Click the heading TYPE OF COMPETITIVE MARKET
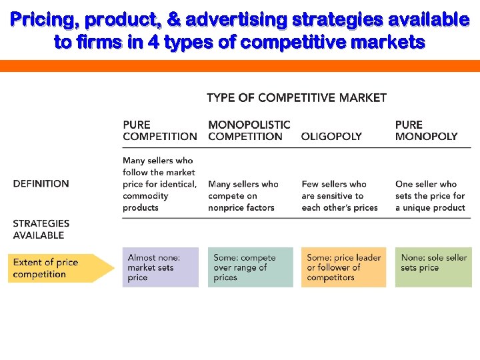[x=297, y=98]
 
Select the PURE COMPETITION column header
[x=159, y=130]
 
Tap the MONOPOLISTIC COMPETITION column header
[x=249, y=130]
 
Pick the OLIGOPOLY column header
[x=331, y=136]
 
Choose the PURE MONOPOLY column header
[x=426, y=130]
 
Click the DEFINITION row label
[x=41, y=183]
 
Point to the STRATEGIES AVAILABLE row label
[x=41, y=229]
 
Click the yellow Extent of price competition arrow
[x=60, y=268]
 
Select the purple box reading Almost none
[x=160, y=267]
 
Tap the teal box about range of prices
[x=250, y=267]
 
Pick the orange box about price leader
[x=343, y=267]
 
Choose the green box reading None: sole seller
[x=433, y=267]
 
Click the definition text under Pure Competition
[x=159, y=184]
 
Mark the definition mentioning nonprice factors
[x=243, y=195]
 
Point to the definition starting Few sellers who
[x=339, y=195]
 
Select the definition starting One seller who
[x=430, y=195]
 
